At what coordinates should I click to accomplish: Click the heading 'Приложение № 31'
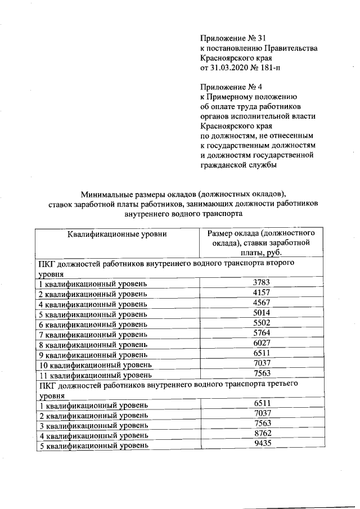tap(232, 38)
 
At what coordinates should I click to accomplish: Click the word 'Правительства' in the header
tap(291, 48)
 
